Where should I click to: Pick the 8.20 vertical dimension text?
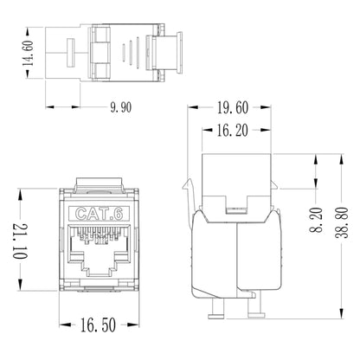[x=317, y=215]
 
